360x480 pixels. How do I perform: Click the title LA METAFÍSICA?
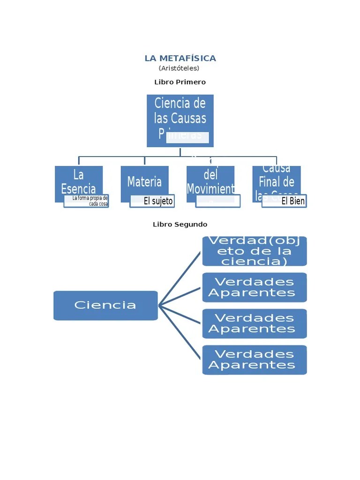[x=180, y=59]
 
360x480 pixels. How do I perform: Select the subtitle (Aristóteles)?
[x=179, y=68]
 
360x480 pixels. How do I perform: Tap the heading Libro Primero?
[x=180, y=82]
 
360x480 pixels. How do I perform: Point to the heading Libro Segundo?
[x=180, y=225]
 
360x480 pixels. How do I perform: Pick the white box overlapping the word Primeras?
[x=187, y=137]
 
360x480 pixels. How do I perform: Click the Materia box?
[x=144, y=180]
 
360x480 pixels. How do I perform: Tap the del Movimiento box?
[x=210, y=180]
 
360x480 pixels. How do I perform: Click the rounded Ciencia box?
[x=105, y=306]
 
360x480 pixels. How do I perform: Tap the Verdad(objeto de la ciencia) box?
[x=255, y=251]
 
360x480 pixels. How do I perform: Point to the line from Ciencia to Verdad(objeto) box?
[x=180, y=278]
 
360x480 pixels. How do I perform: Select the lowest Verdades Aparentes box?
[x=255, y=360]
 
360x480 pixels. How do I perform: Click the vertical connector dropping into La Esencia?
[x=79, y=161]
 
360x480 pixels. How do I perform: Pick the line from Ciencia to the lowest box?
[x=180, y=332]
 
